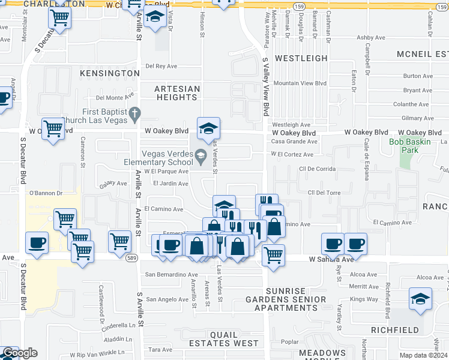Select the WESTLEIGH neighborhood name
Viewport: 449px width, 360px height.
301,58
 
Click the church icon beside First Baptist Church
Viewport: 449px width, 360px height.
135,112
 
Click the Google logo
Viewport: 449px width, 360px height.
20,353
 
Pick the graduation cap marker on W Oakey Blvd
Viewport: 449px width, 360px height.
208,128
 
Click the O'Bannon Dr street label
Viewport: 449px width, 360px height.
46,193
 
